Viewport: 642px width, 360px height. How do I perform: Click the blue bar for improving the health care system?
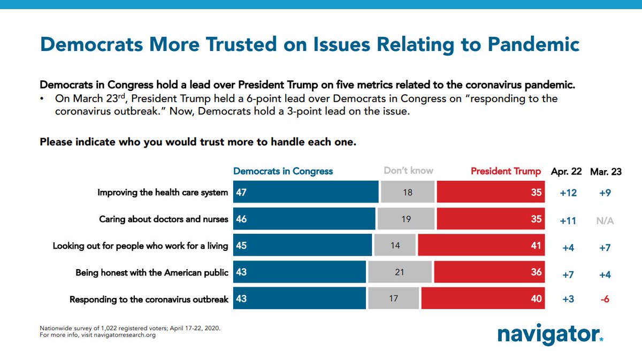coord(305,193)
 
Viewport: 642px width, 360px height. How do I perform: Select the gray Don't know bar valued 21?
coord(400,272)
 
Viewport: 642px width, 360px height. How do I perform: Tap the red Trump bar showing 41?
coord(481,246)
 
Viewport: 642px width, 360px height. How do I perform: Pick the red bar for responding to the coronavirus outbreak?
coord(483,298)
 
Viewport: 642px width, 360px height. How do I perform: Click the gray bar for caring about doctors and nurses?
coord(406,219)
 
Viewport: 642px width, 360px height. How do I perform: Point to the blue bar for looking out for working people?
coord(302,246)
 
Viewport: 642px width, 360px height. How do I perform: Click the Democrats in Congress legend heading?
coord(283,171)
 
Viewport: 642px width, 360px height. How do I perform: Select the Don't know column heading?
coord(408,171)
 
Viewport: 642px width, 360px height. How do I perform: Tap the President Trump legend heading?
coord(506,171)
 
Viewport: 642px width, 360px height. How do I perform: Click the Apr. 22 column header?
coord(567,172)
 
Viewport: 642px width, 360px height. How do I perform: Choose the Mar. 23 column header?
coord(606,172)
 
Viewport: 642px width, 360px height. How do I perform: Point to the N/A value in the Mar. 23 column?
coord(605,220)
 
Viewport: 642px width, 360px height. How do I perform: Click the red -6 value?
coord(605,299)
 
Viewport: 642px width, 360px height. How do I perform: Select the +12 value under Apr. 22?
coord(568,193)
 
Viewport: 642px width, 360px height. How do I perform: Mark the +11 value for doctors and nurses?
coord(568,220)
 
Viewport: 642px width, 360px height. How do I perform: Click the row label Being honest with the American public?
coord(152,273)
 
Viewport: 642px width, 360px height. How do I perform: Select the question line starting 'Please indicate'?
coord(198,143)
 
